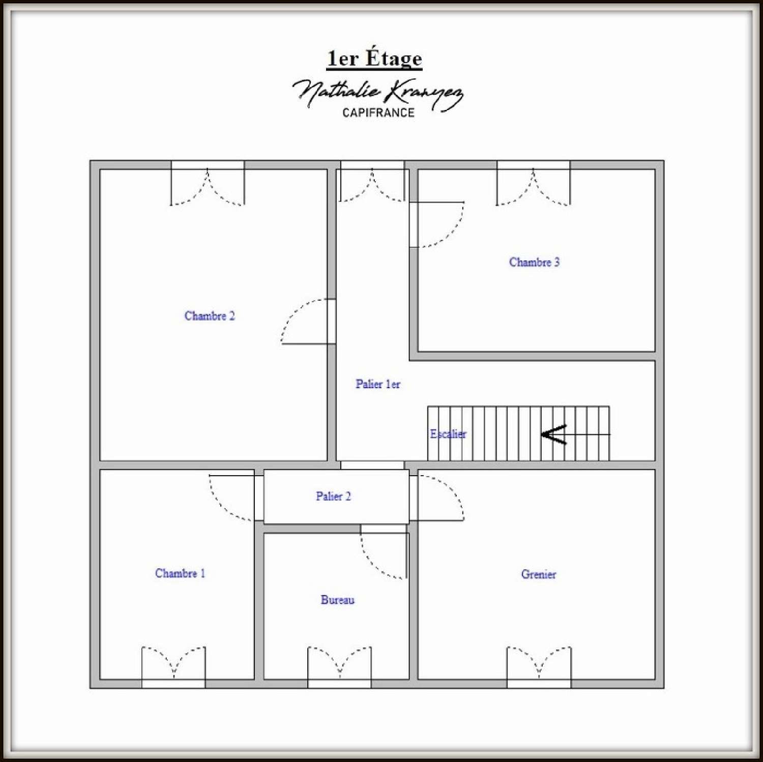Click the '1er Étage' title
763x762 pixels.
coord(374,58)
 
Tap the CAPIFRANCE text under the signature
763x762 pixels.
coord(378,113)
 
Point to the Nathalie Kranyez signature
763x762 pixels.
coord(377,93)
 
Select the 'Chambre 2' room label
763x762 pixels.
coord(210,316)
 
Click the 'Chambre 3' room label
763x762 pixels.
coord(534,262)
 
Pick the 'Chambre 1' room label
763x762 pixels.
coord(180,573)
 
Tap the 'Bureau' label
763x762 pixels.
coord(337,600)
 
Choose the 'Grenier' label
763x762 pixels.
coord(538,574)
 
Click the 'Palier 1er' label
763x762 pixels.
coord(377,384)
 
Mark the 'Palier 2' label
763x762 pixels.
coord(333,496)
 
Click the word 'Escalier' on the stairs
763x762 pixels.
coord(448,434)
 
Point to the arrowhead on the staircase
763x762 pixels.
coord(553,434)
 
